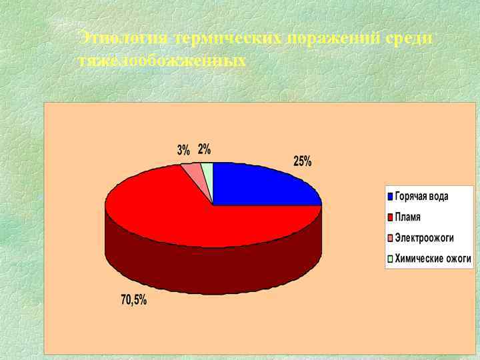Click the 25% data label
pos(302,161)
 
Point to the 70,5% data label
pos(133,300)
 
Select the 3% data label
pos(183,150)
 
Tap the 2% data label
pos(204,148)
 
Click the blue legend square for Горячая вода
pos(391,197)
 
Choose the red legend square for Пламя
pos(391,217)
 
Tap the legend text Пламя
pos(408,217)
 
